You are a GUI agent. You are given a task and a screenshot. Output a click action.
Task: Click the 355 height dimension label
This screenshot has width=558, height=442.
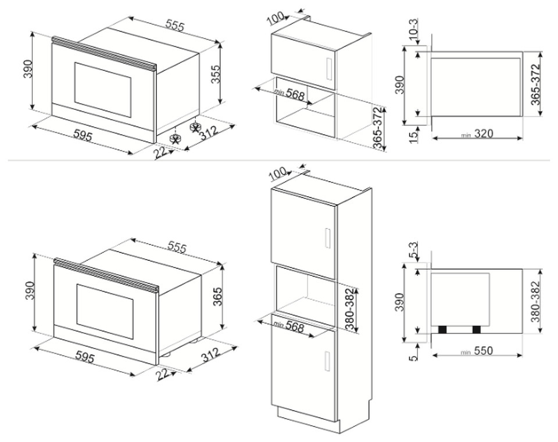pos(216,74)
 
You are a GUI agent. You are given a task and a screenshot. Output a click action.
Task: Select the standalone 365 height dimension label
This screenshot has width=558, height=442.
pos(217,296)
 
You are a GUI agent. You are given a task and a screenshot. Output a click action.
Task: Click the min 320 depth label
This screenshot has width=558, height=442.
pos(477,134)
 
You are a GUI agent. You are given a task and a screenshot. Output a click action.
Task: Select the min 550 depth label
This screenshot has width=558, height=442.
pos(477,351)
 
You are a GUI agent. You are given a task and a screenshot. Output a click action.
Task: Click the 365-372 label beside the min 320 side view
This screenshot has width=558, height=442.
pos(535,84)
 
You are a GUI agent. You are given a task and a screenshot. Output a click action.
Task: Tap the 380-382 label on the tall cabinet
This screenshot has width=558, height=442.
pos(350,310)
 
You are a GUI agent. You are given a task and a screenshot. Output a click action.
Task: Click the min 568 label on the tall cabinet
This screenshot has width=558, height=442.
pos(289,326)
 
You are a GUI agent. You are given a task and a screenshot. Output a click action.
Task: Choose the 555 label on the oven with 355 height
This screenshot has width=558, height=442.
pos(175,26)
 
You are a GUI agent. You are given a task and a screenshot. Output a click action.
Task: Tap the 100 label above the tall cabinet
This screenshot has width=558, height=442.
pos(278,174)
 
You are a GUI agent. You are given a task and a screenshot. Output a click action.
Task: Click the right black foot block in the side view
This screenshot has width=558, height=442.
pos(477,330)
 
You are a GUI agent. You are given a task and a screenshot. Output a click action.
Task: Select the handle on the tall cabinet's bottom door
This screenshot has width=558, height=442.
pos(328,362)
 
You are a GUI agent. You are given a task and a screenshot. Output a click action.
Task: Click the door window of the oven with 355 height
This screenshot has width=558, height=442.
pos(102,89)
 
